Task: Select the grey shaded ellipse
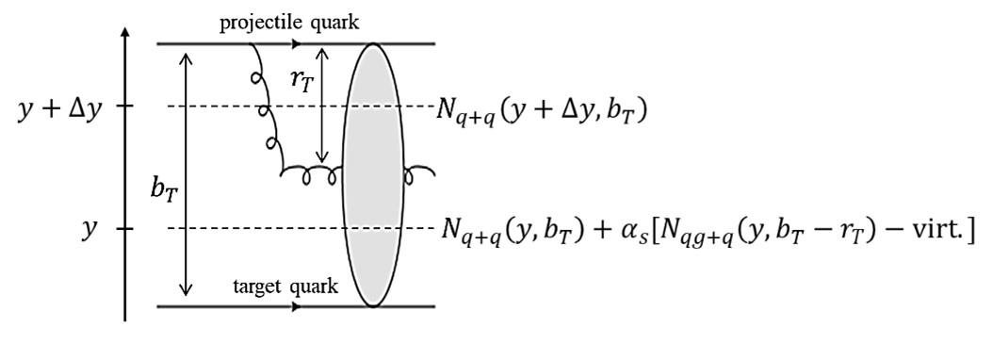373,174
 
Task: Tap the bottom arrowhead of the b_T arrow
187,290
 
